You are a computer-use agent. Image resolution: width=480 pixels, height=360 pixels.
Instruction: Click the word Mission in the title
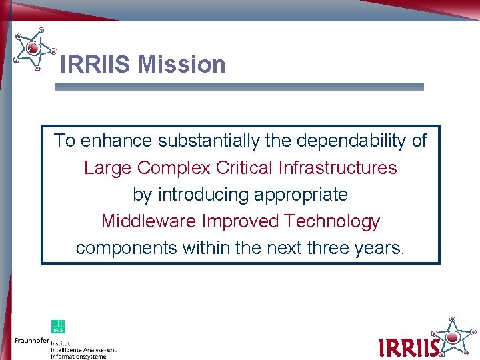182,65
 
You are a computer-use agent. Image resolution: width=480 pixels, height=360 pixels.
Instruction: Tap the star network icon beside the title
34,48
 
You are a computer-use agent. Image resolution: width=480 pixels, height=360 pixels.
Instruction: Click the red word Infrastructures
337,167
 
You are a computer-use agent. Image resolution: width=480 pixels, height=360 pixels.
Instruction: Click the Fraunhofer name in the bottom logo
31,340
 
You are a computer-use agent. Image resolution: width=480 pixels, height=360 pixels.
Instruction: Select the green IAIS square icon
58,327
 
